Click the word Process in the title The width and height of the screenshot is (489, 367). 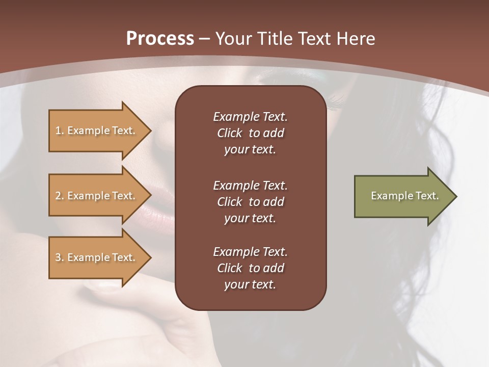coord(160,39)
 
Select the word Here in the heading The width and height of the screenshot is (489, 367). coord(356,39)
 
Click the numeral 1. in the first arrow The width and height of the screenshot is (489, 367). coord(60,130)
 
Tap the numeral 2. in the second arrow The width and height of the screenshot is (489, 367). coord(60,196)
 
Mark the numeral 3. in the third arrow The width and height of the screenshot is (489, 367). coord(60,257)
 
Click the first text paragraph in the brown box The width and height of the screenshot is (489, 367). coord(250,133)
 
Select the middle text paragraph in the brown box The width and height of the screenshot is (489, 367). coord(250,202)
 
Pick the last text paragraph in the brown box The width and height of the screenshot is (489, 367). coord(250,268)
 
